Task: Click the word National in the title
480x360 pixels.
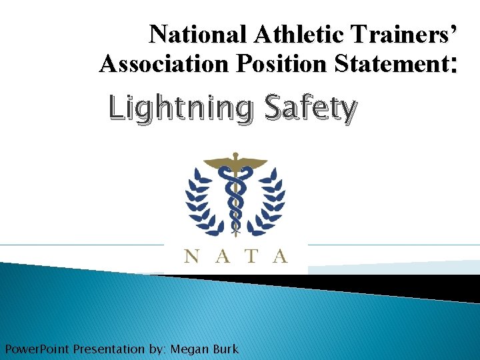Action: (189, 34)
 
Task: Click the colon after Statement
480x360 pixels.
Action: (454, 65)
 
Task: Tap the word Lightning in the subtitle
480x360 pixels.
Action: (181, 109)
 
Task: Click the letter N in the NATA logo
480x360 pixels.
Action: (191, 255)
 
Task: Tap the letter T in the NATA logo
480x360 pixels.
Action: (251, 255)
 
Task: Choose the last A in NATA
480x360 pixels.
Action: (280, 255)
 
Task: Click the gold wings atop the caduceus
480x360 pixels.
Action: (235, 162)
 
